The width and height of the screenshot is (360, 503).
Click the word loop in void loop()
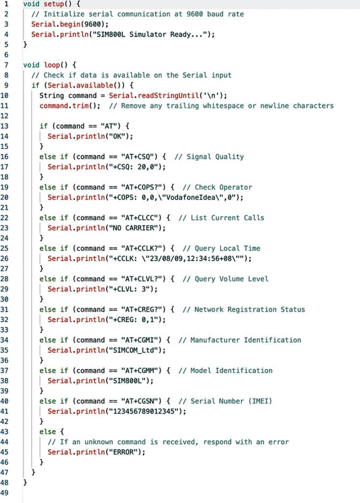tap(52, 65)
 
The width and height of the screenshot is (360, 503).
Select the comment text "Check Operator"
tap(223, 187)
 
